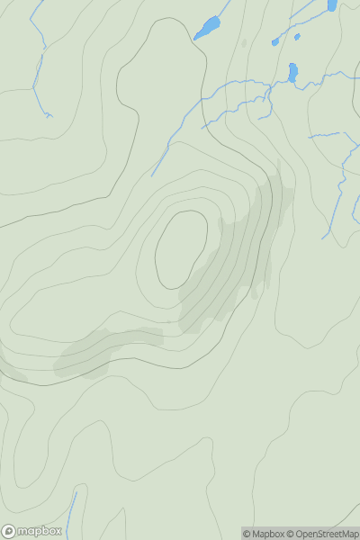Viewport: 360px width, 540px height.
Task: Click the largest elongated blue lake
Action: click(207, 28)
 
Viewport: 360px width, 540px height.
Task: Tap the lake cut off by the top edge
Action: click(332, 4)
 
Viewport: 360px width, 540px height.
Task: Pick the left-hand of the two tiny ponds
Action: click(275, 42)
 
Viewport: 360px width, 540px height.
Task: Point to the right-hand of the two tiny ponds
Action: click(297, 37)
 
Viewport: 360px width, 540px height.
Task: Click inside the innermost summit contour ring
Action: click(181, 249)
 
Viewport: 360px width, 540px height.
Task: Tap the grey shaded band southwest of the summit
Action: click(103, 351)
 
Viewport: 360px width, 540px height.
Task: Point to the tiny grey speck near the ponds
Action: click(243, 42)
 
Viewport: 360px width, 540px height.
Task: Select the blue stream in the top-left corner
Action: click(38, 54)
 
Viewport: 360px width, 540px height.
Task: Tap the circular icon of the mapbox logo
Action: click(9, 531)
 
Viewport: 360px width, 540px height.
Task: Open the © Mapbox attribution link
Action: click(263, 534)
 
